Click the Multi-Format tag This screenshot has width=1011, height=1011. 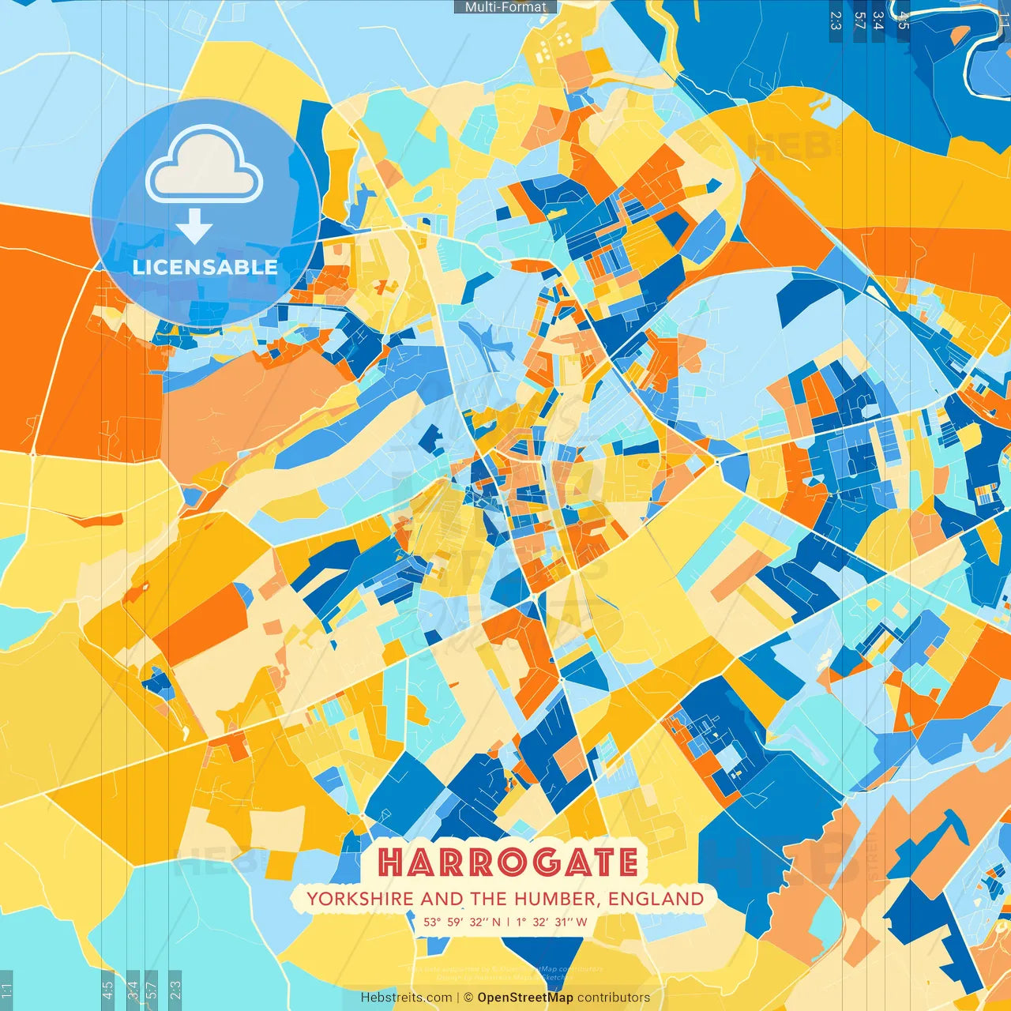point(505,7)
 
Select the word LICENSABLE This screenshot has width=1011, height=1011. point(205,267)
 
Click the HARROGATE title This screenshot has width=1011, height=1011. point(508,863)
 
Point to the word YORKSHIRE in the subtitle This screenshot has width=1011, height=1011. point(359,899)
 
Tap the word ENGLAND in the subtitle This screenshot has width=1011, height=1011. point(656,899)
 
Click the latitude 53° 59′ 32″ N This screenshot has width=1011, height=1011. point(462,922)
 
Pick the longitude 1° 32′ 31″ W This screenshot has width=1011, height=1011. point(552,922)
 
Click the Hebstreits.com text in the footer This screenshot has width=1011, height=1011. point(406,998)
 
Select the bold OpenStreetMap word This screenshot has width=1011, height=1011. point(525,998)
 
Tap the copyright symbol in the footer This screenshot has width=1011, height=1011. point(468,998)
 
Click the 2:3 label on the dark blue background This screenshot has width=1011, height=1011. point(836,21)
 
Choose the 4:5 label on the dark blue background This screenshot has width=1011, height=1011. point(904,21)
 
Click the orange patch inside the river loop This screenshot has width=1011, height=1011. point(960,36)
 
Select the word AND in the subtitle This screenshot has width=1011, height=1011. point(442,899)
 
